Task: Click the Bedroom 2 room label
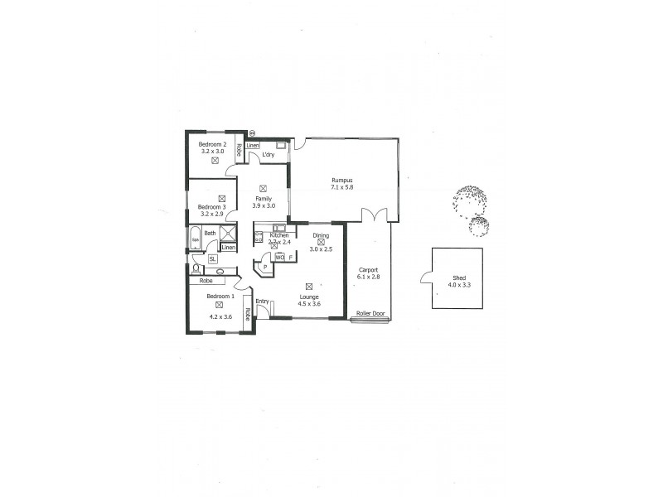[x=212, y=145]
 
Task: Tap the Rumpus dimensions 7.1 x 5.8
[x=342, y=188]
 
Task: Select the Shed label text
[x=458, y=277]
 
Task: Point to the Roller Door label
[x=370, y=314]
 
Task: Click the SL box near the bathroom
[x=213, y=258]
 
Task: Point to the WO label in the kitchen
[x=279, y=258]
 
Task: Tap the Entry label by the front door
[x=262, y=302]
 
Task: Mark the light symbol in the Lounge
[x=308, y=287]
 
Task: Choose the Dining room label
[x=321, y=235]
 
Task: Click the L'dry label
[x=269, y=156]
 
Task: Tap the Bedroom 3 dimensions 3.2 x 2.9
[x=211, y=214]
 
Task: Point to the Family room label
[x=264, y=199]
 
